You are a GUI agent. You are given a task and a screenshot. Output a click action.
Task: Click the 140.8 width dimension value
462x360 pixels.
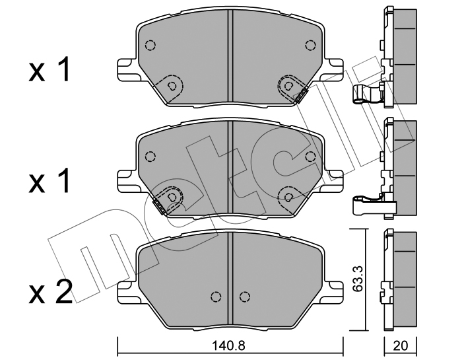[x=228, y=345]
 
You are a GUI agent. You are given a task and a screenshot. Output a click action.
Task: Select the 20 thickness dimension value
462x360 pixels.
[x=400, y=345]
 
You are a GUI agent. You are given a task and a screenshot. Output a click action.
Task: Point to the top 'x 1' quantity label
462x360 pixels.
[x=49, y=69]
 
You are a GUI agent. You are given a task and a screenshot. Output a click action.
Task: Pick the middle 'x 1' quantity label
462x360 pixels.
[x=49, y=181]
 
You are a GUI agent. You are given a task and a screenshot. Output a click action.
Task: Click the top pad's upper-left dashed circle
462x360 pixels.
[x=150, y=46]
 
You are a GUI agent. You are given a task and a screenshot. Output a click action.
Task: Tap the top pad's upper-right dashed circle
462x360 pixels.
[x=310, y=46]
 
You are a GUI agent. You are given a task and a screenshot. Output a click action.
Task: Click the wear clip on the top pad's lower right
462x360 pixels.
[x=301, y=96]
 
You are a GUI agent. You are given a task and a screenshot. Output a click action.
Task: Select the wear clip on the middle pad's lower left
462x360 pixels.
[x=159, y=207]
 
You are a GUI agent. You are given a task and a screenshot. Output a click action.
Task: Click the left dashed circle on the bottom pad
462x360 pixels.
[x=216, y=297]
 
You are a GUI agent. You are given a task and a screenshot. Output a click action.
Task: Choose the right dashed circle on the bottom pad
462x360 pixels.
[x=244, y=297]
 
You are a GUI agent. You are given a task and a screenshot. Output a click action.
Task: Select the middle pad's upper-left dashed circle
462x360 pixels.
[x=150, y=157]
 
